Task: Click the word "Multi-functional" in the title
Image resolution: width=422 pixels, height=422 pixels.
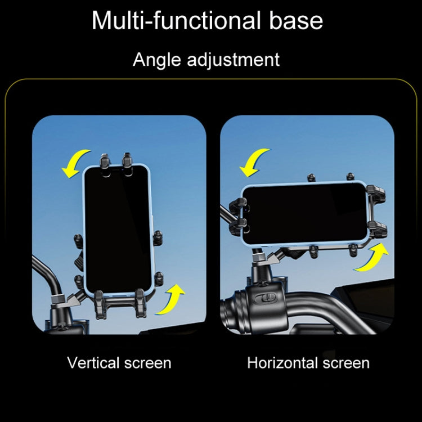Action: [176, 20]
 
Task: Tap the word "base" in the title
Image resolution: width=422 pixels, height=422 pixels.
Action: [296, 20]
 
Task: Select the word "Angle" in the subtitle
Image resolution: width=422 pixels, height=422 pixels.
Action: [157, 60]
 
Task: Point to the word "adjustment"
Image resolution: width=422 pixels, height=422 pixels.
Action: [234, 60]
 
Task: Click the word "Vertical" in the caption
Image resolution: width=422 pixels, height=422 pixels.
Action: [93, 363]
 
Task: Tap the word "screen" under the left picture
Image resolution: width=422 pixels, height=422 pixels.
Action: [148, 363]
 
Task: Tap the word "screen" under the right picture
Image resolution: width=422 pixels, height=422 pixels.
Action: [346, 363]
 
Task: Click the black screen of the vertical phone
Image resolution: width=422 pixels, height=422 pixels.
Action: [118, 230]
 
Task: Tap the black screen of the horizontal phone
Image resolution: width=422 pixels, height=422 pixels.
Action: [305, 213]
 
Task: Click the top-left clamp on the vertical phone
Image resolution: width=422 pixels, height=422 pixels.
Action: [105, 164]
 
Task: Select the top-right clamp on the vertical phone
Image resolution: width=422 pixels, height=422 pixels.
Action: [127, 164]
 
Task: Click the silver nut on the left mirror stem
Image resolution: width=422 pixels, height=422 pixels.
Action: [58, 299]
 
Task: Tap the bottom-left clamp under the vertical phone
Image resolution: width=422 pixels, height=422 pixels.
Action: [100, 304]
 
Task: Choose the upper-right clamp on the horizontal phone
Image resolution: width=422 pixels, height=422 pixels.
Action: [376, 192]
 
